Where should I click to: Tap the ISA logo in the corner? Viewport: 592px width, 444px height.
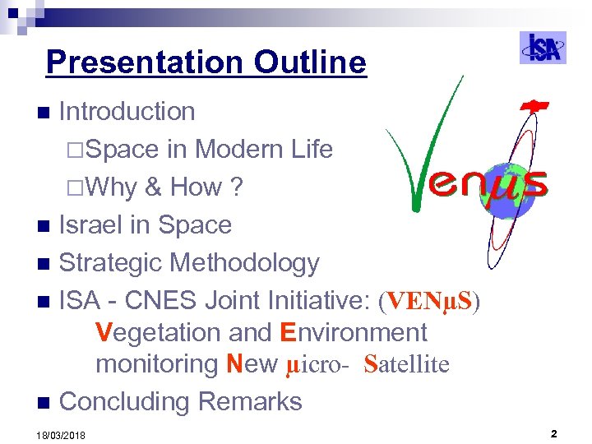(543, 48)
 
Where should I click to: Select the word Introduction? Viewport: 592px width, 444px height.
(127, 112)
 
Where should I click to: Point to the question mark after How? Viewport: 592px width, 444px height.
(237, 187)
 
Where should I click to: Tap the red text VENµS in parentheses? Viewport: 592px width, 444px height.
(429, 302)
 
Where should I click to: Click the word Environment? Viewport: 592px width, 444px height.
(354, 333)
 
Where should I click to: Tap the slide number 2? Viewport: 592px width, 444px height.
(554, 432)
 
